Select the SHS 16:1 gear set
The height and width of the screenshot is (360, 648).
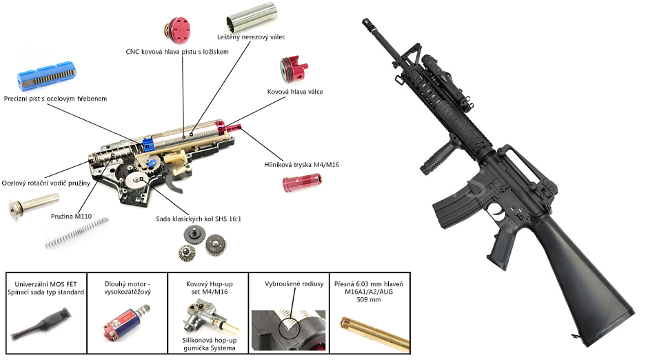[205, 243]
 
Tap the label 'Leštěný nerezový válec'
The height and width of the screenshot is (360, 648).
[251, 37]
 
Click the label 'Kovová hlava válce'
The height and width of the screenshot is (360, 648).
[295, 91]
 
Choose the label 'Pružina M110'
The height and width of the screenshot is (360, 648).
[72, 216]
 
